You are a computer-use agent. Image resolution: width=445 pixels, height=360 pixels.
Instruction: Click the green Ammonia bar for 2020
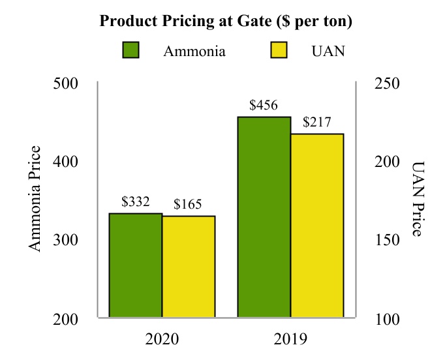coord(135,265)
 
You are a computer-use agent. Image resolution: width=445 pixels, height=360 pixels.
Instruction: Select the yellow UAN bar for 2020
coord(189,267)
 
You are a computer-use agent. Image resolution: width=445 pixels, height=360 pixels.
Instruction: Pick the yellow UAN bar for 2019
coord(317,226)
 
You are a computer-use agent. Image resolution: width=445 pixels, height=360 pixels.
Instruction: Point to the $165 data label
coord(189,205)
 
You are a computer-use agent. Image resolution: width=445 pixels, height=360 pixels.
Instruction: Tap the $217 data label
coord(317,122)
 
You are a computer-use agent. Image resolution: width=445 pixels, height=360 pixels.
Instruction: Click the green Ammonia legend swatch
coord(131,50)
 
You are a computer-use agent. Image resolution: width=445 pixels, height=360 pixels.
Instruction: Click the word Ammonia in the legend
coord(194,52)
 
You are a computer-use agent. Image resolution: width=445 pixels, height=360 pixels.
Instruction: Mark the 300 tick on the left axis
coord(65,240)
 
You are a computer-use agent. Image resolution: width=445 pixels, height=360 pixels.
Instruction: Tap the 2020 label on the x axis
coord(162,339)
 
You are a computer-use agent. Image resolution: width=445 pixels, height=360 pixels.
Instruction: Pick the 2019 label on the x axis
coord(290,339)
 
